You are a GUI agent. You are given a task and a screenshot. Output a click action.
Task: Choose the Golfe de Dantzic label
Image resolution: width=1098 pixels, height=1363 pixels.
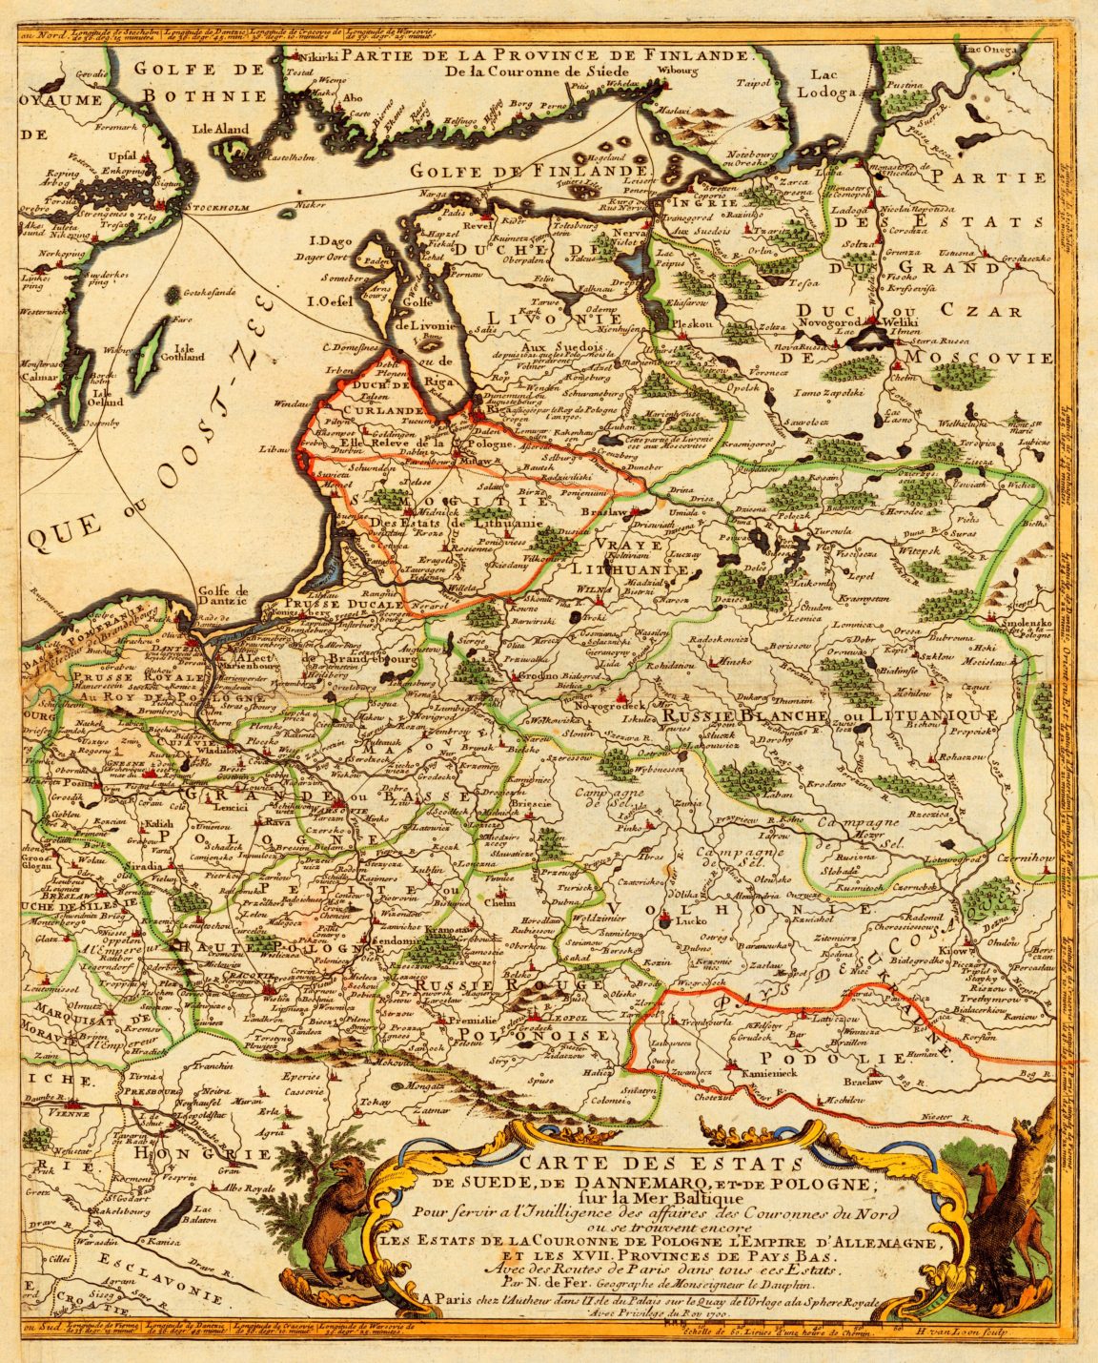222,594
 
